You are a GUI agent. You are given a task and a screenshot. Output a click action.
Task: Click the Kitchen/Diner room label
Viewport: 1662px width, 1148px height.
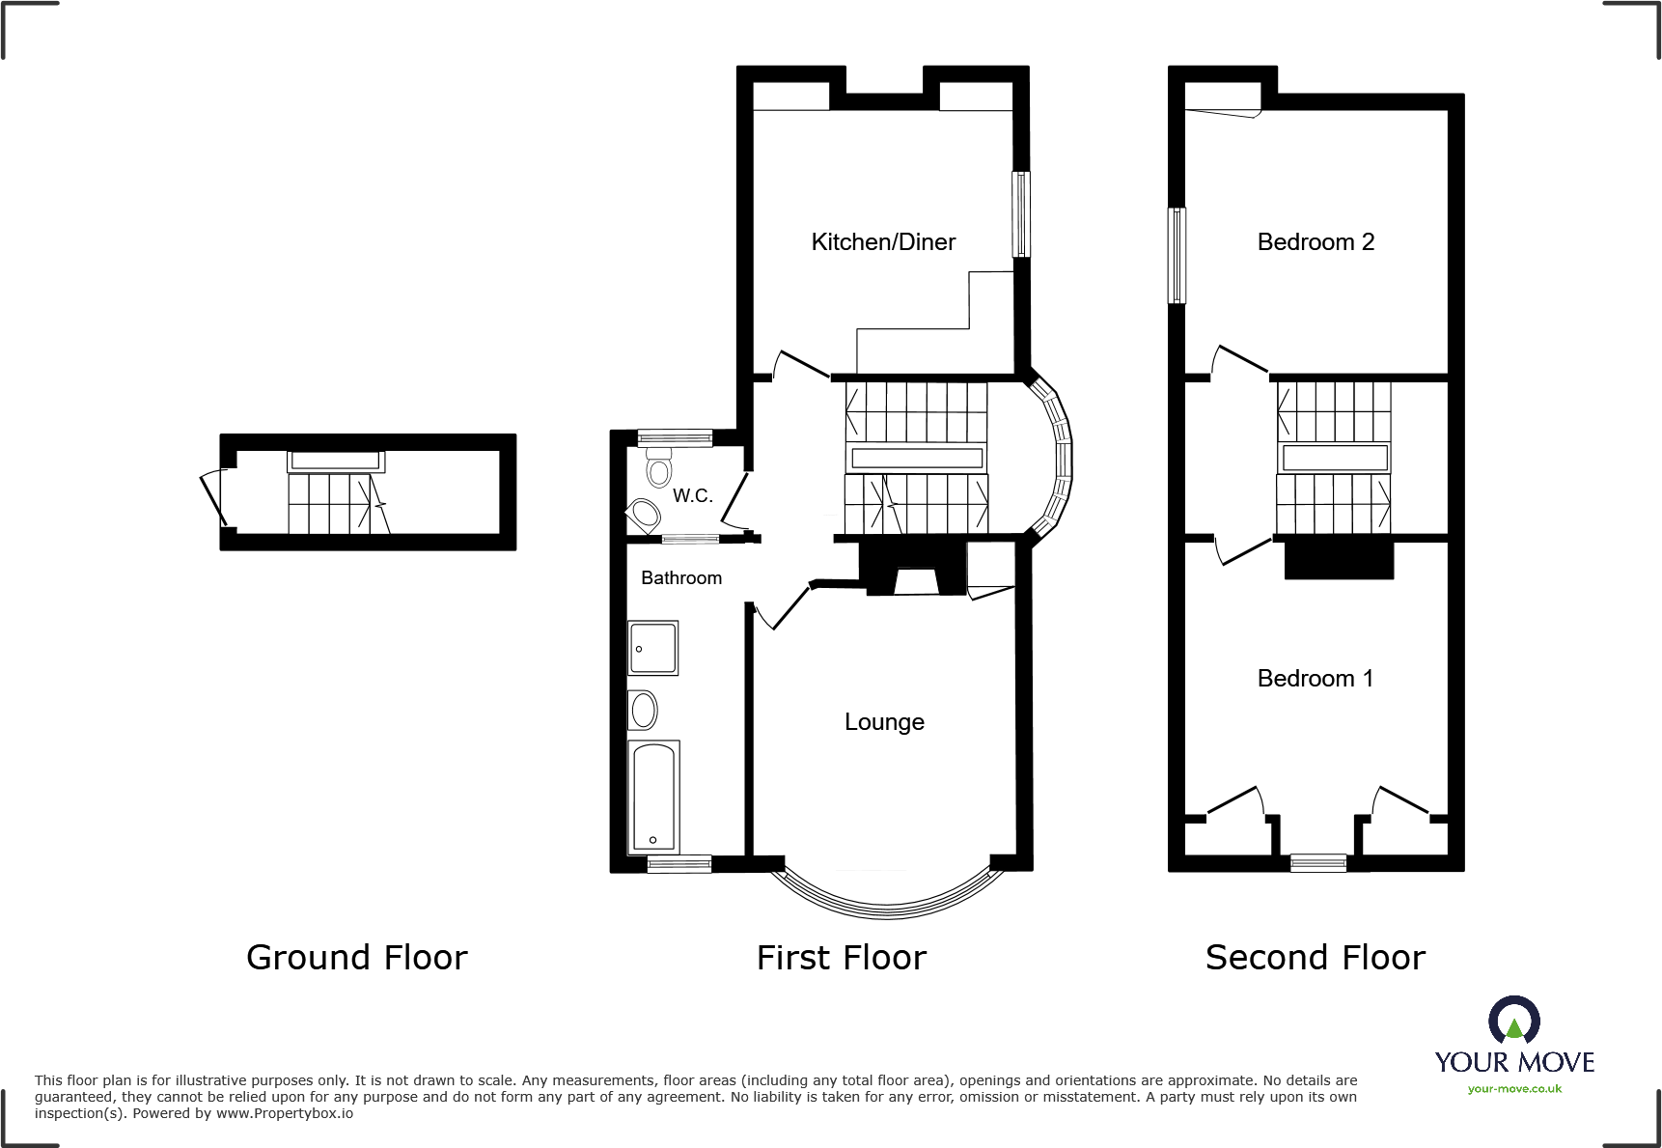click(883, 242)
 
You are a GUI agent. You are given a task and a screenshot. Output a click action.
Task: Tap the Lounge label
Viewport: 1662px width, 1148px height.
click(884, 722)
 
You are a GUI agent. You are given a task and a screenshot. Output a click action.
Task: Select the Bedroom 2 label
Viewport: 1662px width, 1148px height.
click(1316, 242)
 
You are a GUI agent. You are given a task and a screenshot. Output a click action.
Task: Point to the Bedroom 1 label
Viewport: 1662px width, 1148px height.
click(1315, 679)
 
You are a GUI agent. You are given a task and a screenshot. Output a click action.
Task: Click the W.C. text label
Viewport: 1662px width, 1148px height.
click(692, 496)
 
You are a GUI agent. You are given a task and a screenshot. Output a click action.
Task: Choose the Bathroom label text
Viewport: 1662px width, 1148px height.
click(681, 578)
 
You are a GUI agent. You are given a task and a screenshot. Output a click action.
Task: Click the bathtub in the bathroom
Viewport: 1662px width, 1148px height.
click(653, 797)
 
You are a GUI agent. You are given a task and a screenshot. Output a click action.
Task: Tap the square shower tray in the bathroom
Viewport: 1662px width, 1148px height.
click(653, 648)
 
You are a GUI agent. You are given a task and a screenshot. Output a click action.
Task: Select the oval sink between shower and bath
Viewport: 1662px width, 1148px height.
click(643, 711)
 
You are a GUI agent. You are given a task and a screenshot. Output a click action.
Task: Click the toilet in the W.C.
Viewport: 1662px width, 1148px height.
click(659, 467)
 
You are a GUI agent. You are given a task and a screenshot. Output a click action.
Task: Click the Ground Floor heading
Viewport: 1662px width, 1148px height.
click(356, 958)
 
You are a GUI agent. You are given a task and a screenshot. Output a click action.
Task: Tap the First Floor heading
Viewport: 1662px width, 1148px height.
click(841, 958)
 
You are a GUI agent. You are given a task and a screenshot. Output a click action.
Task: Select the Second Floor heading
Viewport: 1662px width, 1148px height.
click(1315, 958)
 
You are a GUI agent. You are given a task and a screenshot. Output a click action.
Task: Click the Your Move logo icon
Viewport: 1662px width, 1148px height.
click(1513, 1021)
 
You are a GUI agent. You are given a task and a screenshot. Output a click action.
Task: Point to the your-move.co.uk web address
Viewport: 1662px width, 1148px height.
click(1514, 1089)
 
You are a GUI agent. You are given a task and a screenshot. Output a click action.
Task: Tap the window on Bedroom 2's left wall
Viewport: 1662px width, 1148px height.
click(1177, 256)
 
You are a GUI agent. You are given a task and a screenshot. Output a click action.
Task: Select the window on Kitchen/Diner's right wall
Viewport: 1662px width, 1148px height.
click(1021, 214)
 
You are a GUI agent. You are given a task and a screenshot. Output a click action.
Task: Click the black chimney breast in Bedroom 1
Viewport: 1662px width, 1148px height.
click(1339, 560)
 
